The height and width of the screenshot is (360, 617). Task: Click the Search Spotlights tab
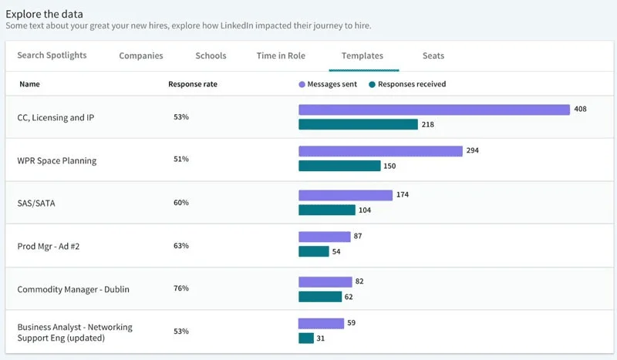coord(52,56)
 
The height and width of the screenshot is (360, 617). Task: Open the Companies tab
coord(141,56)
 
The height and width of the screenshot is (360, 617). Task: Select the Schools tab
coord(211,56)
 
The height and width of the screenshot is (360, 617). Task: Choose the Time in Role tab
coord(282,56)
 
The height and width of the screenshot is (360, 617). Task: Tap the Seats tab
coord(433,56)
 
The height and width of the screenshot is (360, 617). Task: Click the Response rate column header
coord(192,84)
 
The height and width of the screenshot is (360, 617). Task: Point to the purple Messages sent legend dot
coord(302,84)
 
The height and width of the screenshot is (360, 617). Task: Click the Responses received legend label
coord(412,84)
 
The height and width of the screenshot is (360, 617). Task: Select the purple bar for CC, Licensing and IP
coord(433,109)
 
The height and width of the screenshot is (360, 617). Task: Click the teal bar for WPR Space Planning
coord(339,166)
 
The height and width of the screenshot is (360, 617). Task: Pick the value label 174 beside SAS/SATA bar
coord(403,195)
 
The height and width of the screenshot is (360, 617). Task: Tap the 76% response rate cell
coord(181,288)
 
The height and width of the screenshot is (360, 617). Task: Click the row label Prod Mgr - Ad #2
coord(49,246)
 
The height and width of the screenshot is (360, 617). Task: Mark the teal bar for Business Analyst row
coord(306,338)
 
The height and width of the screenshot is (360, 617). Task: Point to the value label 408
coord(580,109)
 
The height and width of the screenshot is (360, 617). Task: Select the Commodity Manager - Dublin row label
coord(73,289)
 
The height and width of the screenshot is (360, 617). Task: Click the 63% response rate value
coord(181,245)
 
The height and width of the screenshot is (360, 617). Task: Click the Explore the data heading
coord(45,14)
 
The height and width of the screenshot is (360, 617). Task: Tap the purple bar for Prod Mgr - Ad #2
coord(323,237)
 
